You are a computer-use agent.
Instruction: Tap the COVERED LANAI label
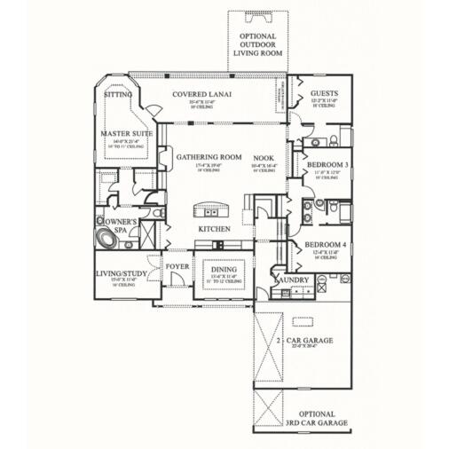pyautogui.click(x=203, y=94)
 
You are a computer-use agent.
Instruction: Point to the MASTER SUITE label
pyautogui.click(x=126, y=133)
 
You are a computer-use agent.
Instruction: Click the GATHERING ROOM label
pyautogui.click(x=209, y=157)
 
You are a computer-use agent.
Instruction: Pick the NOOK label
pyautogui.click(x=264, y=157)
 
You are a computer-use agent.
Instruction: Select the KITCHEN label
pyautogui.click(x=214, y=228)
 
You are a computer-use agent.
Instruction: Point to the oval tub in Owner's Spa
pyautogui.click(x=109, y=239)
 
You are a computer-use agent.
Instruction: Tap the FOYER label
pyautogui.click(x=177, y=264)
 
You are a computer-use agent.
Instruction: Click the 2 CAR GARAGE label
pyautogui.click(x=304, y=340)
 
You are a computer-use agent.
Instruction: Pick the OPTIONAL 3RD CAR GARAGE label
pyautogui.click(x=317, y=418)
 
